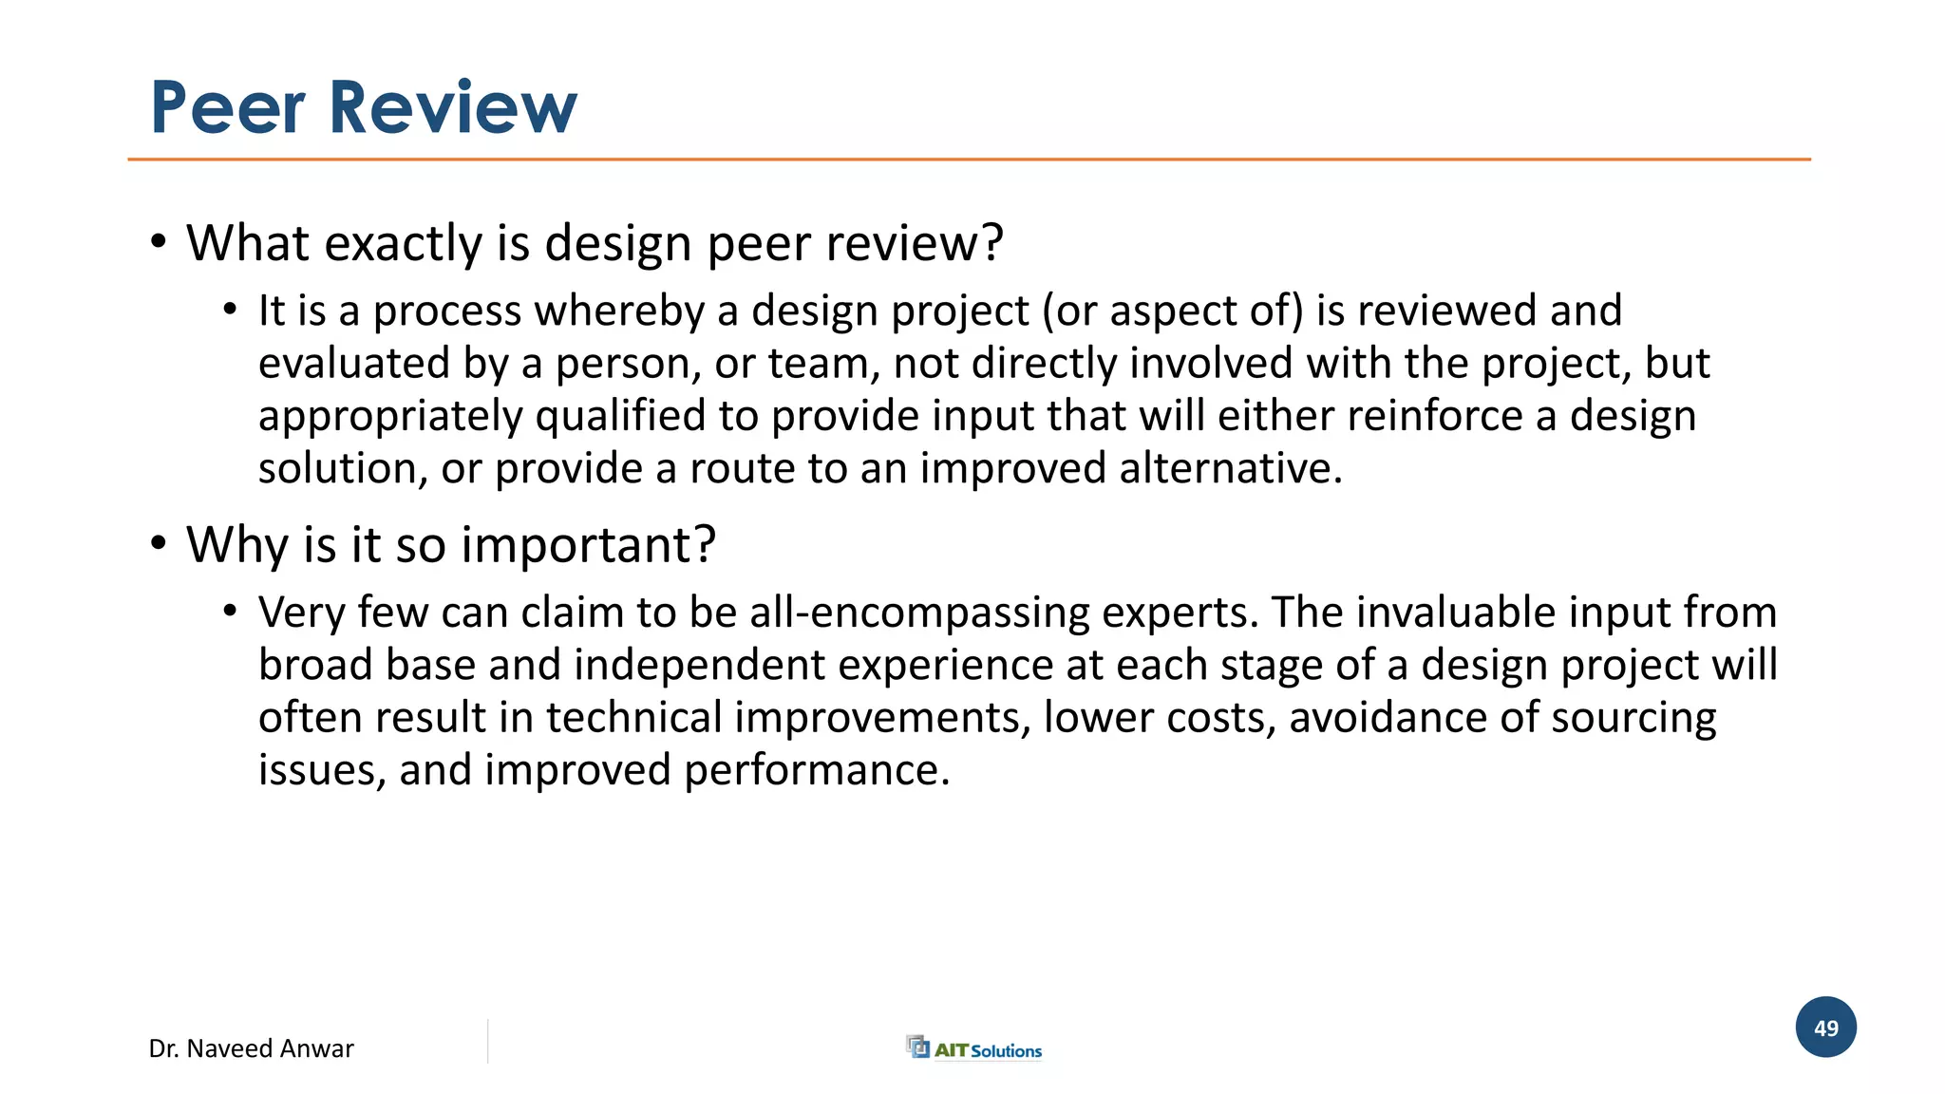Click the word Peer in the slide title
coord(228,107)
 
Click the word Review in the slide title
coord(453,107)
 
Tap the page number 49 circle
coord(1825,1028)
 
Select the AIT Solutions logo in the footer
coord(974,1048)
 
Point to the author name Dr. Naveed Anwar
coord(251,1048)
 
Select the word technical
coord(634,718)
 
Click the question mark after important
coord(705,545)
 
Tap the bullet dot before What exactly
coord(159,241)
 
